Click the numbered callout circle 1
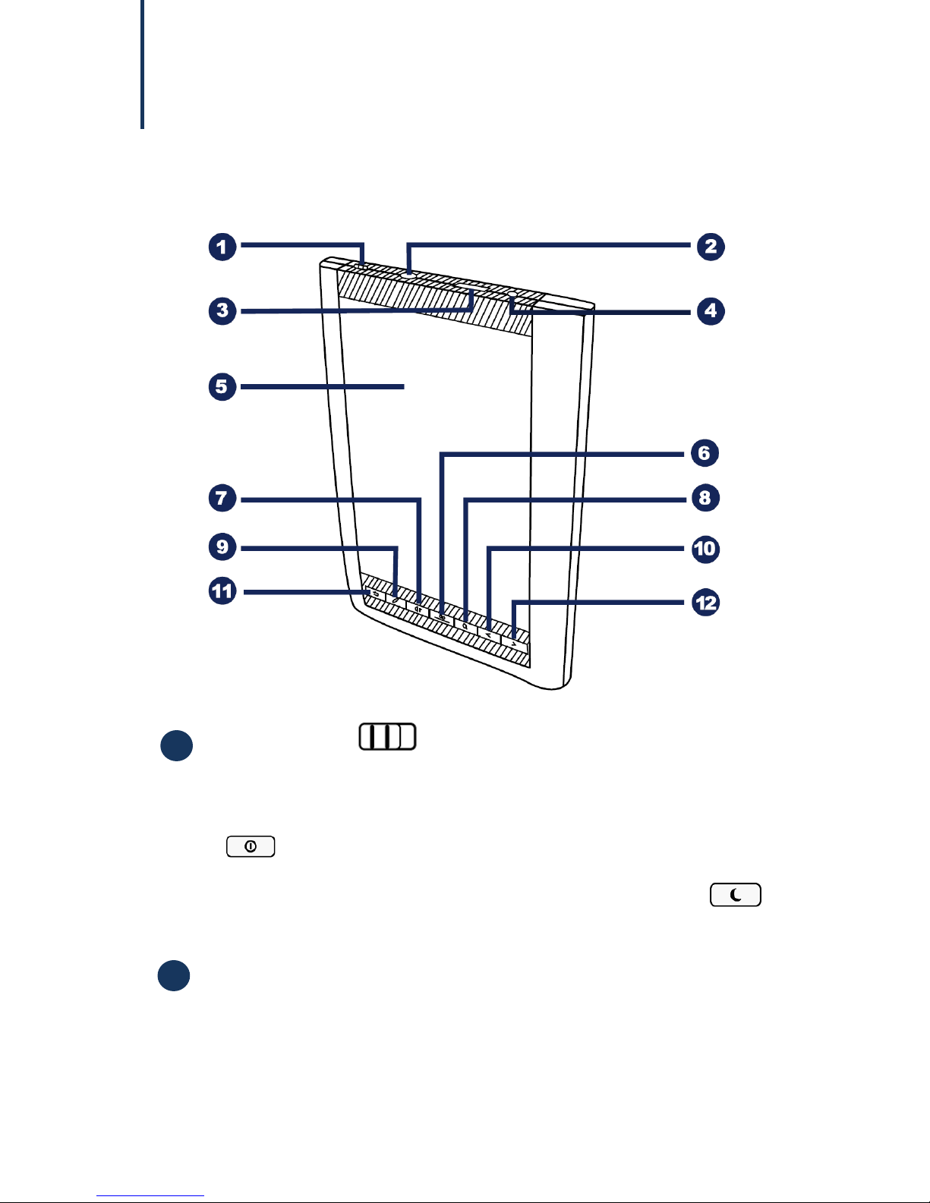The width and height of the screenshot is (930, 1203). tap(222, 247)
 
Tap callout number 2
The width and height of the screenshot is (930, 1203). tap(711, 247)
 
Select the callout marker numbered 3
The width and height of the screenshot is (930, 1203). tap(222, 310)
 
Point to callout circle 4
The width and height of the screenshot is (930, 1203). tap(711, 311)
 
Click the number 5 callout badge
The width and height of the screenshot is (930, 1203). tap(222, 386)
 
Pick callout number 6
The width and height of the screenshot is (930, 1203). tap(705, 453)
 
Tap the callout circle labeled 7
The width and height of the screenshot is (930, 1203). tap(222, 498)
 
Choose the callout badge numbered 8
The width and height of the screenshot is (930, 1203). tap(705, 498)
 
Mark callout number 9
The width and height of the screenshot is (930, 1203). tap(222, 547)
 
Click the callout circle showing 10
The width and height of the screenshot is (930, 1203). tap(705, 549)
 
